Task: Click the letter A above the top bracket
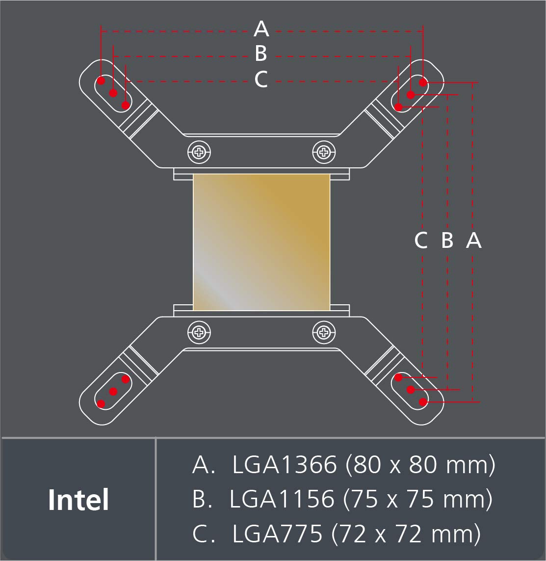pos(261,29)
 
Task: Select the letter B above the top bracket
pos(261,53)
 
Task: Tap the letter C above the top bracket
pos(261,79)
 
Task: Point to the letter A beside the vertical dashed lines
pos(473,240)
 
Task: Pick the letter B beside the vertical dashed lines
pos(447,240)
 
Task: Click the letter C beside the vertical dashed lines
pos(421,240)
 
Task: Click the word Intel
pos(78,500)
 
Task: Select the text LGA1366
pos(285,465)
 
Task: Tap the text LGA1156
pos(282,499)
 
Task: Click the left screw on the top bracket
pos(199,153)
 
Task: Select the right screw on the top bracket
pos(324,153)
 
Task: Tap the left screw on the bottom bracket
pos(199,333)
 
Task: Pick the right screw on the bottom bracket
pos(324,333)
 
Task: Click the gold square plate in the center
pos(261,242)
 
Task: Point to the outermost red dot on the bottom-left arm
pos(102,404)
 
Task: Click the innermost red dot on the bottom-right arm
pos(399,377)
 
